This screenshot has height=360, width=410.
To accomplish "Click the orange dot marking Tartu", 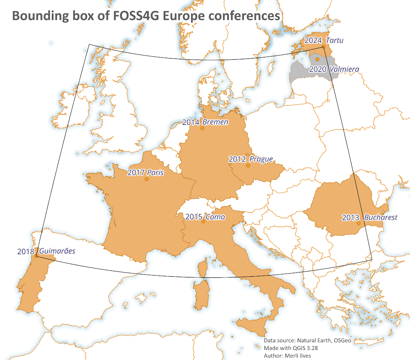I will pos(323,47).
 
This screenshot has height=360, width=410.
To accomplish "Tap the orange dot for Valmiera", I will pos(317,59).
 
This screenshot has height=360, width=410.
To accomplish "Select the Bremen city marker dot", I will pos(202,128).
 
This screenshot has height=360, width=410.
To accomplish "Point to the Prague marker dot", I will pos(248,165).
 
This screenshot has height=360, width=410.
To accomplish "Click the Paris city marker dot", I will pos(146,179).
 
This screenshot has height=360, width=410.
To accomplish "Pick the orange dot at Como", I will pos(203,222).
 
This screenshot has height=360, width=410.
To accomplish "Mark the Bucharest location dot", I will pos(359,223).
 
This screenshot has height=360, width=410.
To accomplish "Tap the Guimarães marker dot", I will pos(36,256).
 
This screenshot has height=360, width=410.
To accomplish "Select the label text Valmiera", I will pos(344,69).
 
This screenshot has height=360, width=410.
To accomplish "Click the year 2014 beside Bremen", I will pos(190,122).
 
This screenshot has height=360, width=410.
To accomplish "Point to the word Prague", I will pos(261,159).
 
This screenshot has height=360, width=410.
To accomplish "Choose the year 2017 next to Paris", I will pos(136,173).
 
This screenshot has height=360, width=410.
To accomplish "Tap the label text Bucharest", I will pos(381,217).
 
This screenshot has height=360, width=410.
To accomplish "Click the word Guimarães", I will pos(57,251).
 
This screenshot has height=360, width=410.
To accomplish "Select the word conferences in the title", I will pos(242,16).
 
